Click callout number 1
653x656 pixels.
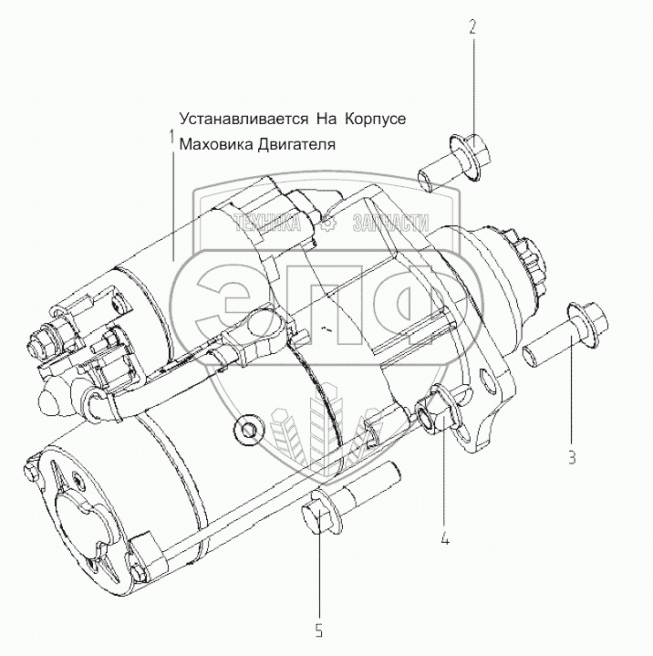click(171, 137)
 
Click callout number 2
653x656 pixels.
click(472, 27)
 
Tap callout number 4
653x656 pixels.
click(445, 538)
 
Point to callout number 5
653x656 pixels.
click(320, 629)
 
